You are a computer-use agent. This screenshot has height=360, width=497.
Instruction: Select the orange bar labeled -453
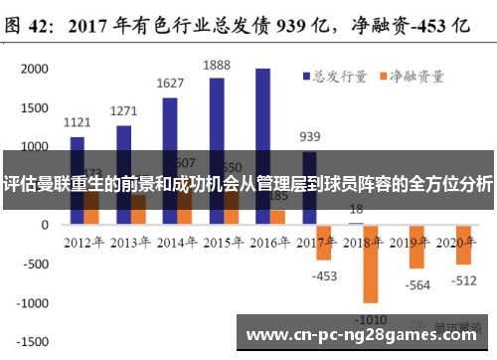(x=324, y=244)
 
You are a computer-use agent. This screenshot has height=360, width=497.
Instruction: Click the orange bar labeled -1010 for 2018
(x=371, y=264)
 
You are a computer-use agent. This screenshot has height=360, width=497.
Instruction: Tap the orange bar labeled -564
(x=417, y=247)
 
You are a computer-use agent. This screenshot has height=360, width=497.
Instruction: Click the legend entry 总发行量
(x=333, y=75)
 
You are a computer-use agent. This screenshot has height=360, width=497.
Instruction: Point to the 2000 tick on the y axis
(x=34, y=69)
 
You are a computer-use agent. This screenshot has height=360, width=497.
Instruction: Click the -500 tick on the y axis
(x=34, y=264)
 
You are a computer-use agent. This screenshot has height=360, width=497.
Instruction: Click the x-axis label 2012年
(x=84, y=242)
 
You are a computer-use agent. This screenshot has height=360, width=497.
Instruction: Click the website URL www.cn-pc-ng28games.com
(x=364, y=334)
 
